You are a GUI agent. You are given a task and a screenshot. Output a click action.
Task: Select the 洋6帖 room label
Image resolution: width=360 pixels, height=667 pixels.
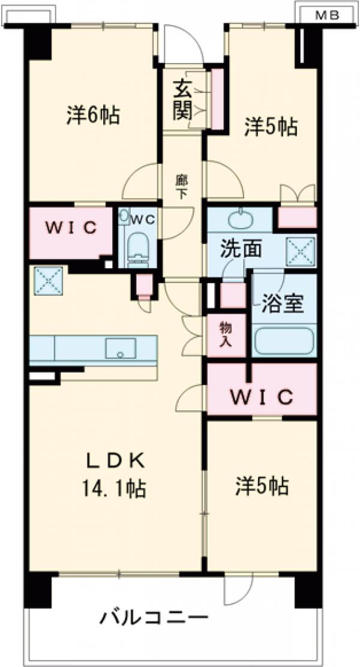[x=92, y=115]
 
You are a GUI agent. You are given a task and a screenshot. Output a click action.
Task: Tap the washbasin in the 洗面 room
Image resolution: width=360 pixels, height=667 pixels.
[x=240, y=215]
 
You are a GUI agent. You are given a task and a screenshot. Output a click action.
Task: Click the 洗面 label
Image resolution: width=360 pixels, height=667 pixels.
[x=241, y=250]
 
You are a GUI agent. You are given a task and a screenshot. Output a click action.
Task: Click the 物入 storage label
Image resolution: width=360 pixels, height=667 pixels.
[x=226, y=336]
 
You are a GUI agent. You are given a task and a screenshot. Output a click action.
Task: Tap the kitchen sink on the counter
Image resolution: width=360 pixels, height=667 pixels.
[x=121, y=347]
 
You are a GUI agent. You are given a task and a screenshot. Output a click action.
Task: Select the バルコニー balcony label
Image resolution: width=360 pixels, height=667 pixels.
[x=154, y=617]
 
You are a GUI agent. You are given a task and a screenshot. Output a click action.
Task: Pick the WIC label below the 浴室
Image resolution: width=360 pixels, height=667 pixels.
[x=261, y=396]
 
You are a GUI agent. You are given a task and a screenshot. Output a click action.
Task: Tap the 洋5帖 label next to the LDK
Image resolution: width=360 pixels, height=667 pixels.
[x=262, y=486]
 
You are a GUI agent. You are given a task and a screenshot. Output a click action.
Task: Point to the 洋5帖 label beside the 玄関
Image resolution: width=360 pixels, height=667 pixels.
[x=271, y=127]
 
